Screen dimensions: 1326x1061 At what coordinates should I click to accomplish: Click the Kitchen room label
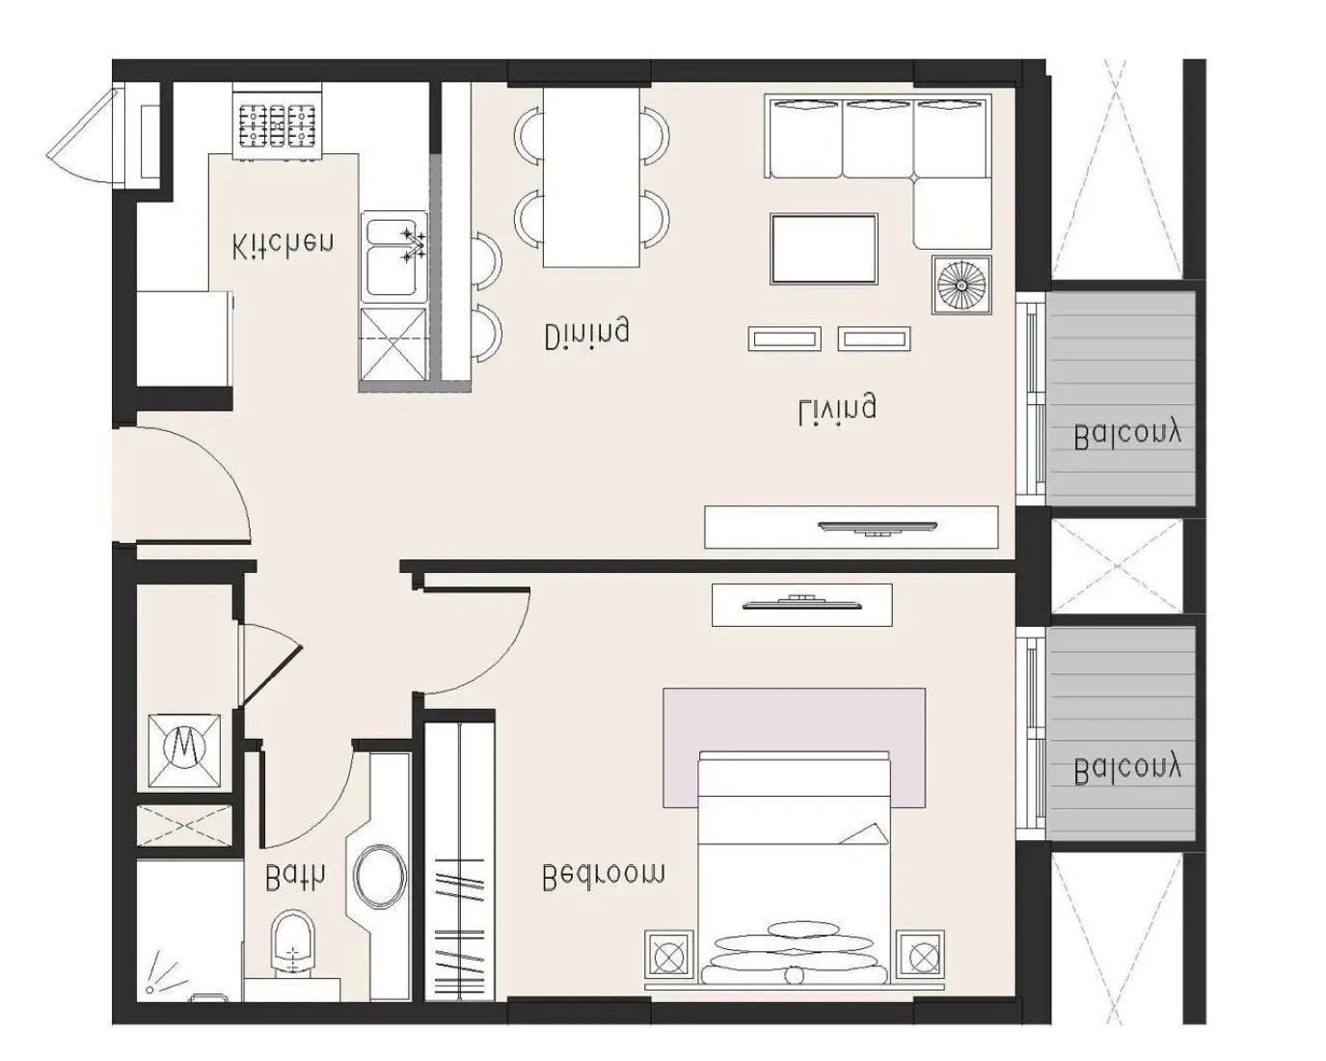[284, 245]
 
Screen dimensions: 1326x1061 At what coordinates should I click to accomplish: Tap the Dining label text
[586, 335]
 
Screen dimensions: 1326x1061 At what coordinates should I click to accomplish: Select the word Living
[837, 407]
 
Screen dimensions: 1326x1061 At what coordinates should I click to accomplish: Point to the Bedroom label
[604, 876]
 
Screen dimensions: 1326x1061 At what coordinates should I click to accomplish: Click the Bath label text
[295, 877]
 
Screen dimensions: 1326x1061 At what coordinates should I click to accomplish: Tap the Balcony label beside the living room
[1127, 436]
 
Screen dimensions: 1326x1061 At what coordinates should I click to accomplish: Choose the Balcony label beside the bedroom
[1127, 771]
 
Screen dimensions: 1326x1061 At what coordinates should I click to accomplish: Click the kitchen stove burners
[278, 125]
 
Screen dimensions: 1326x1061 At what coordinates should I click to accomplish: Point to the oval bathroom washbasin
[381, 877]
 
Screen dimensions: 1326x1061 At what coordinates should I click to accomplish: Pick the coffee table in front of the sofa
[824, 249]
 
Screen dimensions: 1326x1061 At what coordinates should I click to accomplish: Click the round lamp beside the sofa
[961, 285]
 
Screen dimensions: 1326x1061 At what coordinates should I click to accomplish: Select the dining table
[591, 177]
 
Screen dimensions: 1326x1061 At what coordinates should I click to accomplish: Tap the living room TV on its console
[877, 528]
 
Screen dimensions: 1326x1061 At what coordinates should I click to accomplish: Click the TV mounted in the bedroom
[801, 602]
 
